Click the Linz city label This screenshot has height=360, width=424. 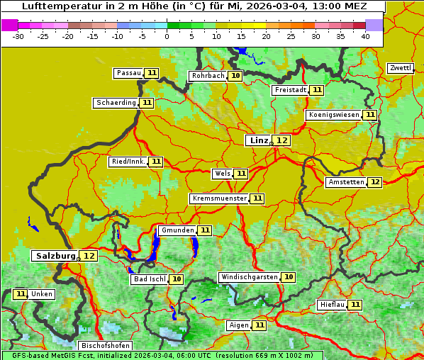[258, 140]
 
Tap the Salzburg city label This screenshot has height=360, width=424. [55, 256]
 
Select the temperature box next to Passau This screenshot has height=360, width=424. [152, 73]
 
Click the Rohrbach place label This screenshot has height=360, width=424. [207, 76]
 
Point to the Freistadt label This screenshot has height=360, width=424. [290, 90]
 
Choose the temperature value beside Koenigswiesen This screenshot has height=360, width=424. [370, 115]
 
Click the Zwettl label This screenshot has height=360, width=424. [400, 68]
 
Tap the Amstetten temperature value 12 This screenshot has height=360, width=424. [375, 182]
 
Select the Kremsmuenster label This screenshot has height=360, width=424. [219, 199]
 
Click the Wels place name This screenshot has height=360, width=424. [222, 174]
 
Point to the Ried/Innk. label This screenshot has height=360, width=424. [128, 162]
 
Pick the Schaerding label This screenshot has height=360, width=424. [116, 103]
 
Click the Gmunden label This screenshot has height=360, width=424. [177, 230]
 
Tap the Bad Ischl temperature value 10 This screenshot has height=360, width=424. [176, 279]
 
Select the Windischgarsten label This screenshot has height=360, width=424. [249, 277]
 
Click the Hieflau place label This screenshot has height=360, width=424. [332, 305]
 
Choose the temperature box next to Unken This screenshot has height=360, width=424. [21, 294]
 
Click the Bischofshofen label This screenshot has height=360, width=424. [105, 346]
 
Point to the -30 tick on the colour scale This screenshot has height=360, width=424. [19, 36]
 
